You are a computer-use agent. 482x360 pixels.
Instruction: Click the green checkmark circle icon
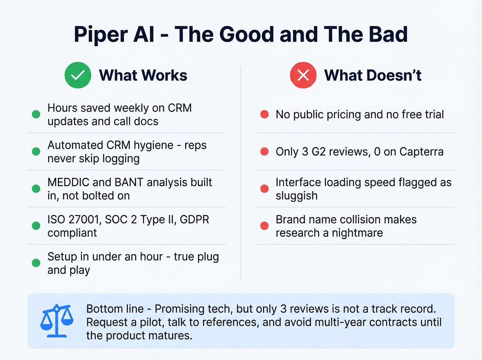pyautogui.click(x=78, y=75)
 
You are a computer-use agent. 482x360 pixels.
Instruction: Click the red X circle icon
pyautogui.click(x=303, y=75)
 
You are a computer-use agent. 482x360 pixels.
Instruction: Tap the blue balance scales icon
pyautogui.click(x=57, y=320)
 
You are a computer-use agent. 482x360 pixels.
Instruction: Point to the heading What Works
pyautogui.click(x=143, y=75)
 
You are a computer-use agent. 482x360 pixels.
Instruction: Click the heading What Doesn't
pyautogui.click(x=373, y=75)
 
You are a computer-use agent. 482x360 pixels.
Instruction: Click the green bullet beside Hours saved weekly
pyautogui.click(x=36, y=114)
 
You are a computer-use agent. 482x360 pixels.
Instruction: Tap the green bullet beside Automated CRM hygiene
pyautogui.click(x=36, y=152)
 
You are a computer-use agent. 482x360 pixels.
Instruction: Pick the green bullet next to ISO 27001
pyautogui.click(x=36, y=226)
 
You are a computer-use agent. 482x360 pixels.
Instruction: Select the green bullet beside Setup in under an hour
pyautogui.click(x=36, y=263)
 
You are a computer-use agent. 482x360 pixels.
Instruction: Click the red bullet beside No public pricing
pyautogui.click(x=264, y=114)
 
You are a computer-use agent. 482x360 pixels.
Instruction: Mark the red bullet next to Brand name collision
pyautogui.click(x=264, y=226)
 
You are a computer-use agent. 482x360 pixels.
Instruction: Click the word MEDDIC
pyautogui.click(x=68, y=182)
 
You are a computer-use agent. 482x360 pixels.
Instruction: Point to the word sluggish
pyautogui.click(x=296, y=196)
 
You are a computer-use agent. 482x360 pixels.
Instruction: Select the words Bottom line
pyautogui.click(x=115, y=309)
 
